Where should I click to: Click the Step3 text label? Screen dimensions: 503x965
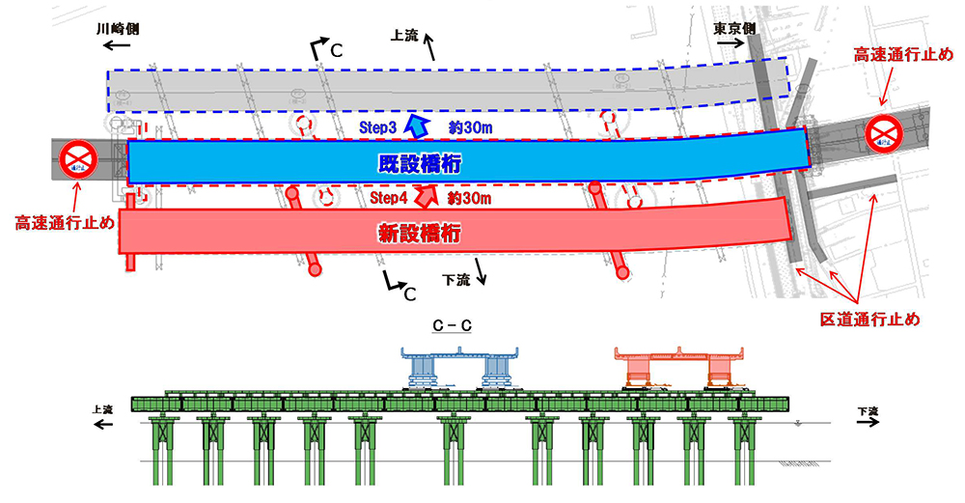(377, 126)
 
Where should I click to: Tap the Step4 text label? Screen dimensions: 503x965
(391, 198)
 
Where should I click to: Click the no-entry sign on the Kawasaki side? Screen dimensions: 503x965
(77, 159)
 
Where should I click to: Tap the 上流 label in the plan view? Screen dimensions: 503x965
(404, 36)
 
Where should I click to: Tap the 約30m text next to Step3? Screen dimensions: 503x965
(470, 126)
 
